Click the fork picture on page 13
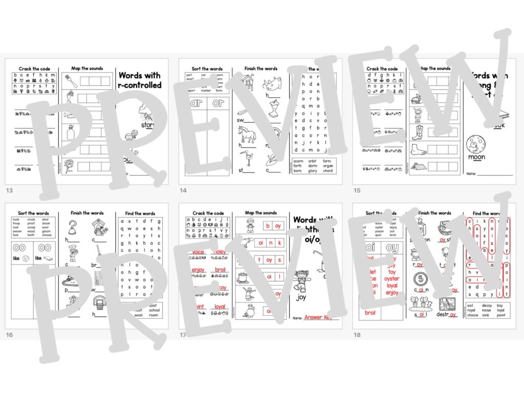[x=71, y=81]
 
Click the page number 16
[x=9, y=335]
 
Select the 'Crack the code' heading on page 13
[x=33, y=69]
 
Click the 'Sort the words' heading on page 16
[x=33, y=213]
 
